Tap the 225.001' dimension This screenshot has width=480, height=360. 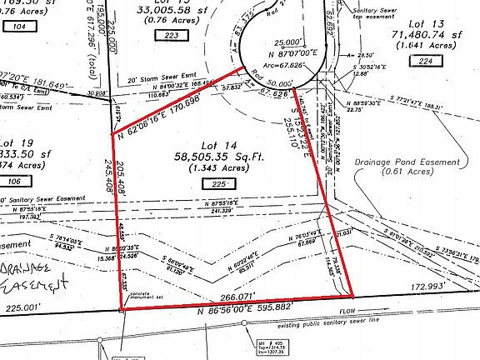click(22, 307)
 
